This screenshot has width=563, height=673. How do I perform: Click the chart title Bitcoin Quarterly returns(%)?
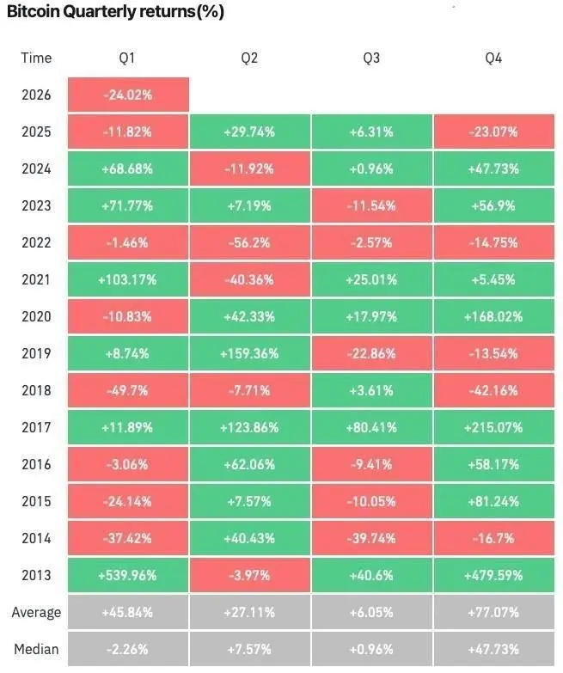pyautogui.click(x=116, y=14)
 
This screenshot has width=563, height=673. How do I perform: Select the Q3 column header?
pyautogui.click(x=372, y=58)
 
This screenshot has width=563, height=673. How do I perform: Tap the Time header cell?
pyautogui.click(x=36, y=58)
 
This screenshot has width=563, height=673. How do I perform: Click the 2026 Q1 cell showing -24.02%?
pyautogui.click(x=127, y=95)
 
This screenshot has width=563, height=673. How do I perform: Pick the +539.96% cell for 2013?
pyautogui.click(x=127, y=575)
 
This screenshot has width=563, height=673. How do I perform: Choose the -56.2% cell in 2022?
pyautogui.click(x=250, y=242)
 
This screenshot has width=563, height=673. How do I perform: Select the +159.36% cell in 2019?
pyautogui.click(x=250, y=353)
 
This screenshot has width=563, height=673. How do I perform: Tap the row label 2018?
pyautogui.click(x=36, y=390)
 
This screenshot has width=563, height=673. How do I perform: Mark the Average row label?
pyautogui.click(x=36, y=612)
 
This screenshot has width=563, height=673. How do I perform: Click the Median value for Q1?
pyautogui.click(x=127, y=649)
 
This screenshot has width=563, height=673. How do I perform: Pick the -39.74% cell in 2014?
pyautogui.click(x=372, y=538)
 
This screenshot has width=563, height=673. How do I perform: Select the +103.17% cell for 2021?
pyautogui.click(x=127, y=279)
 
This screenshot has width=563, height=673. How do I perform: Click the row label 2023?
pyautogui.click(x=36, y=205)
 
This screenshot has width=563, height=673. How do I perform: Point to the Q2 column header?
pyautogui.click(x=250, y=58)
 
